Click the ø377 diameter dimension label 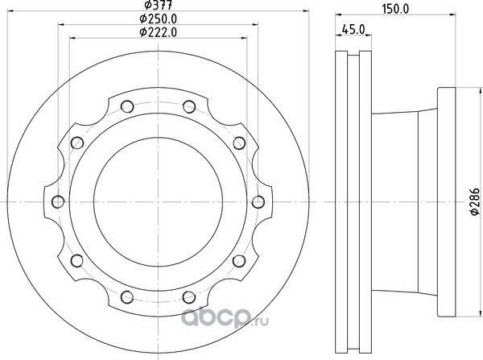[158, 5]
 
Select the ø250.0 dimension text [158, 19]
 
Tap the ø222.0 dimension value [158, 32]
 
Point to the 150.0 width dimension [395, 9]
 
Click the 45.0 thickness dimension [353, 30]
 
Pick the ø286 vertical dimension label [475, 201]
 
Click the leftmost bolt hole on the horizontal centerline [58, 202]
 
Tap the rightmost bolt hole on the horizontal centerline [258, 202]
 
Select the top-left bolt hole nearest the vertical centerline [127, 106]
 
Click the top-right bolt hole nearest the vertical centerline [189, 106]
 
